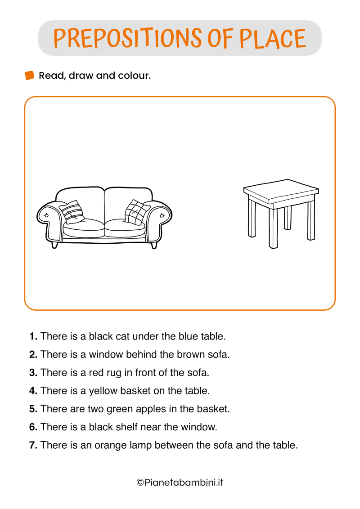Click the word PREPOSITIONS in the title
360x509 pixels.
click(127, 38)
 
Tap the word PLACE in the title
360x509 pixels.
click(272, 38)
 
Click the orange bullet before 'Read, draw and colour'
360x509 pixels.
click(29, 75)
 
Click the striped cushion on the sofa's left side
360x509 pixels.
click(72, 211)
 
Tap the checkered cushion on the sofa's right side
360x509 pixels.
click(135, 212)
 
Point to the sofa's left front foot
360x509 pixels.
click(54, 245)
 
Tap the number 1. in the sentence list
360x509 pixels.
click(33, 336)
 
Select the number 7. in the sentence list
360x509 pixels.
click(33, 445)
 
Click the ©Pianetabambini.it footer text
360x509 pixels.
click(180, 482)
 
